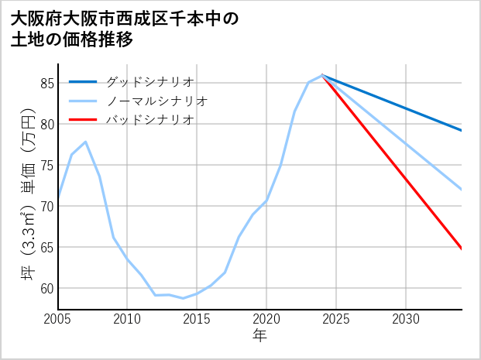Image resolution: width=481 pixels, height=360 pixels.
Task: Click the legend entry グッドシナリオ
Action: click(x=149, y=81)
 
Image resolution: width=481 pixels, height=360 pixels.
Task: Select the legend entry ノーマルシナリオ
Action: click(x=157, y=101)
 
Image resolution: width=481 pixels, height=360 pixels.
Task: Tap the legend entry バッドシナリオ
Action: click(x=149, y=120)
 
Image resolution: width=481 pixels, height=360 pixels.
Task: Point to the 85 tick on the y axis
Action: click(x=46, y=83)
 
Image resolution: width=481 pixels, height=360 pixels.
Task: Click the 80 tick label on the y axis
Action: click(x=46, y=124)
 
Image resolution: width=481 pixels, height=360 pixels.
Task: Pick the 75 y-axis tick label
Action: click(x=46, y=165)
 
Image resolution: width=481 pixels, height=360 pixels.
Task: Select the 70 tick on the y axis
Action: click(x=46, y=206)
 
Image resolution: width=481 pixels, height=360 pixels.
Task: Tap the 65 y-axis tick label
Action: click(x=46, y=247)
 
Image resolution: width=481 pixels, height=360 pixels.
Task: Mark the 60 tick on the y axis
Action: click(x=46, y=288)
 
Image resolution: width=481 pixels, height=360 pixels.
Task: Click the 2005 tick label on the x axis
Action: click(x=57, y=319)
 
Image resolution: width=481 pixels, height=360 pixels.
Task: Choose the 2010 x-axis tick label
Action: click(x=127, y=319)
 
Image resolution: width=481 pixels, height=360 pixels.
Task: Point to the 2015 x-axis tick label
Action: click(x=197, y=319)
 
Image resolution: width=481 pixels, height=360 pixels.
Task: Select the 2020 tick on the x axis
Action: click(x=266, y=319)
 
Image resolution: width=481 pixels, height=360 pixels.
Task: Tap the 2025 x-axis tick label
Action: click(x=336, y=319)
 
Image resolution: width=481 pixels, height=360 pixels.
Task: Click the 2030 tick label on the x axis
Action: click(x=406, y=319)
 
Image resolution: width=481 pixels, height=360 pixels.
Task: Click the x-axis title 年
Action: click(x=259, y=336)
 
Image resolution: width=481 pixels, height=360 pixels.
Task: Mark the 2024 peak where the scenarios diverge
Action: click(x=322, y=75)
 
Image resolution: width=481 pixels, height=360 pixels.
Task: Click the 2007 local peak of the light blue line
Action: click(x=85, y=142)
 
